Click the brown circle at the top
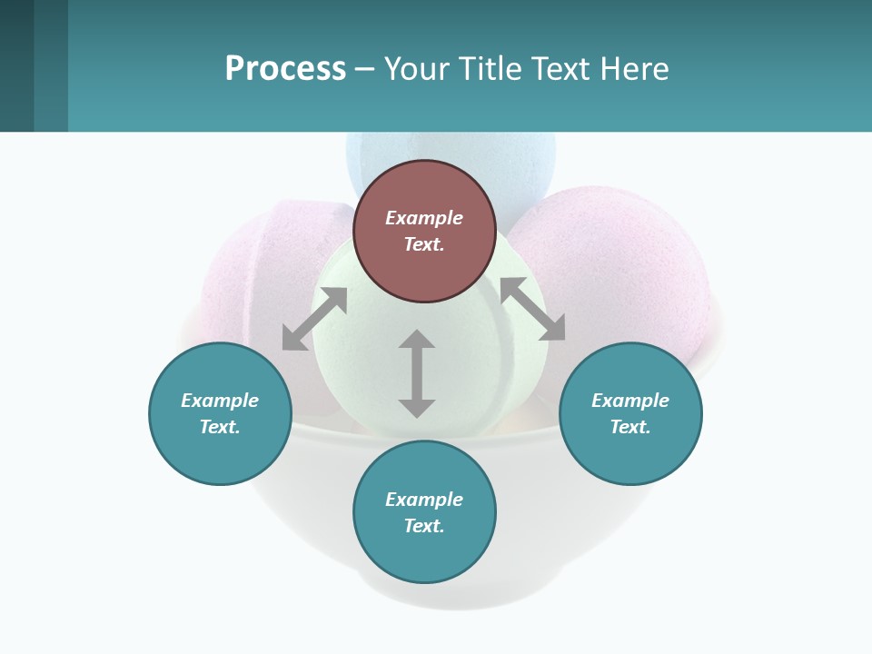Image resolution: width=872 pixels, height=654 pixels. [424, 231]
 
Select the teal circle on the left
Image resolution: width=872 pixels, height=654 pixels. [220, 413]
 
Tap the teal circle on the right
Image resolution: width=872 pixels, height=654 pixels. [630, 413]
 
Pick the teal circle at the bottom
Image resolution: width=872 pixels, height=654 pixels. [424, 512]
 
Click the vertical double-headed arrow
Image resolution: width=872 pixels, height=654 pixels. [417, 373]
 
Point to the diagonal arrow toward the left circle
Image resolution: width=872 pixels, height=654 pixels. [314, 319]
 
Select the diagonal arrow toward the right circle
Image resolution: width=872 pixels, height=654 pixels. [532, 309]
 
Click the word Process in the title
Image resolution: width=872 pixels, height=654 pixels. [285, 68]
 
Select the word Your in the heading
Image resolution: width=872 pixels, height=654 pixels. [415, 68]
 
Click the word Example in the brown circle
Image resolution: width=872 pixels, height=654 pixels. [424, 218]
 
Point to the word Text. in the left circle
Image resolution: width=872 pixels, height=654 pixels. [220, 427]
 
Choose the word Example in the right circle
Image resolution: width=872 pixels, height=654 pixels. [630, 401]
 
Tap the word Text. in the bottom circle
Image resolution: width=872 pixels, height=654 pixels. [424, 526]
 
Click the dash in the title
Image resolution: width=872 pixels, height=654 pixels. [364, 69]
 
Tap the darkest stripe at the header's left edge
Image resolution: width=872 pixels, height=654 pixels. [16, 65]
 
